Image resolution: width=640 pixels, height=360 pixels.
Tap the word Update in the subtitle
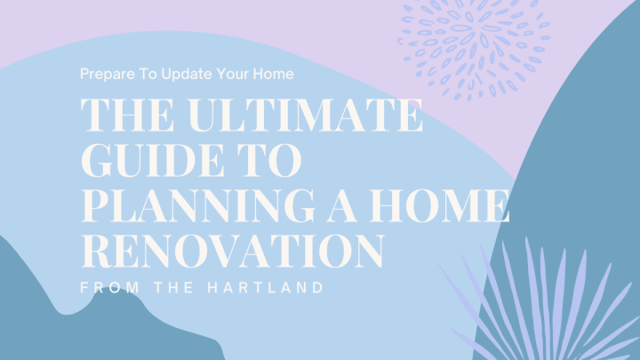pos(187,75)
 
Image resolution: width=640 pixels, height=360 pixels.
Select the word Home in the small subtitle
pos(273,74)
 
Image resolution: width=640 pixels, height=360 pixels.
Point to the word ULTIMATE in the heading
pos(306,115)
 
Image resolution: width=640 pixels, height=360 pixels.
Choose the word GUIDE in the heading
pos(153,160)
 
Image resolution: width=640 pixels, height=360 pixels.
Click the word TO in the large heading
pos(269,160)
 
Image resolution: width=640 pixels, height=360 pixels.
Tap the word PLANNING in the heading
pos(199,205)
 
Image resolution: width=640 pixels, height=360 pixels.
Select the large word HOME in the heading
pos(440,205)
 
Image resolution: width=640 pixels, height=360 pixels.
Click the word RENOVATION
pos(233,250)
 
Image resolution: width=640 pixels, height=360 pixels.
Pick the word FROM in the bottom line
pos(110,287)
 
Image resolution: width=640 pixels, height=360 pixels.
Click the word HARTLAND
pos(265,287)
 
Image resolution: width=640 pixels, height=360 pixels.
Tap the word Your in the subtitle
pos(233,74)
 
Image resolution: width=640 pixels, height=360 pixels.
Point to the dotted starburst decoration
pos(475,45)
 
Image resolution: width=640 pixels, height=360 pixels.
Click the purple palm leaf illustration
pos(543,302)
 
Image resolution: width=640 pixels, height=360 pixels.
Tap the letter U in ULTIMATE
pos(205,116)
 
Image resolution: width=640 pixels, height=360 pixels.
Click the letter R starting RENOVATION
pos(97,251)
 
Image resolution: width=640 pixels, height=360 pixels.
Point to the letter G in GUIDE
pos(98,160)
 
